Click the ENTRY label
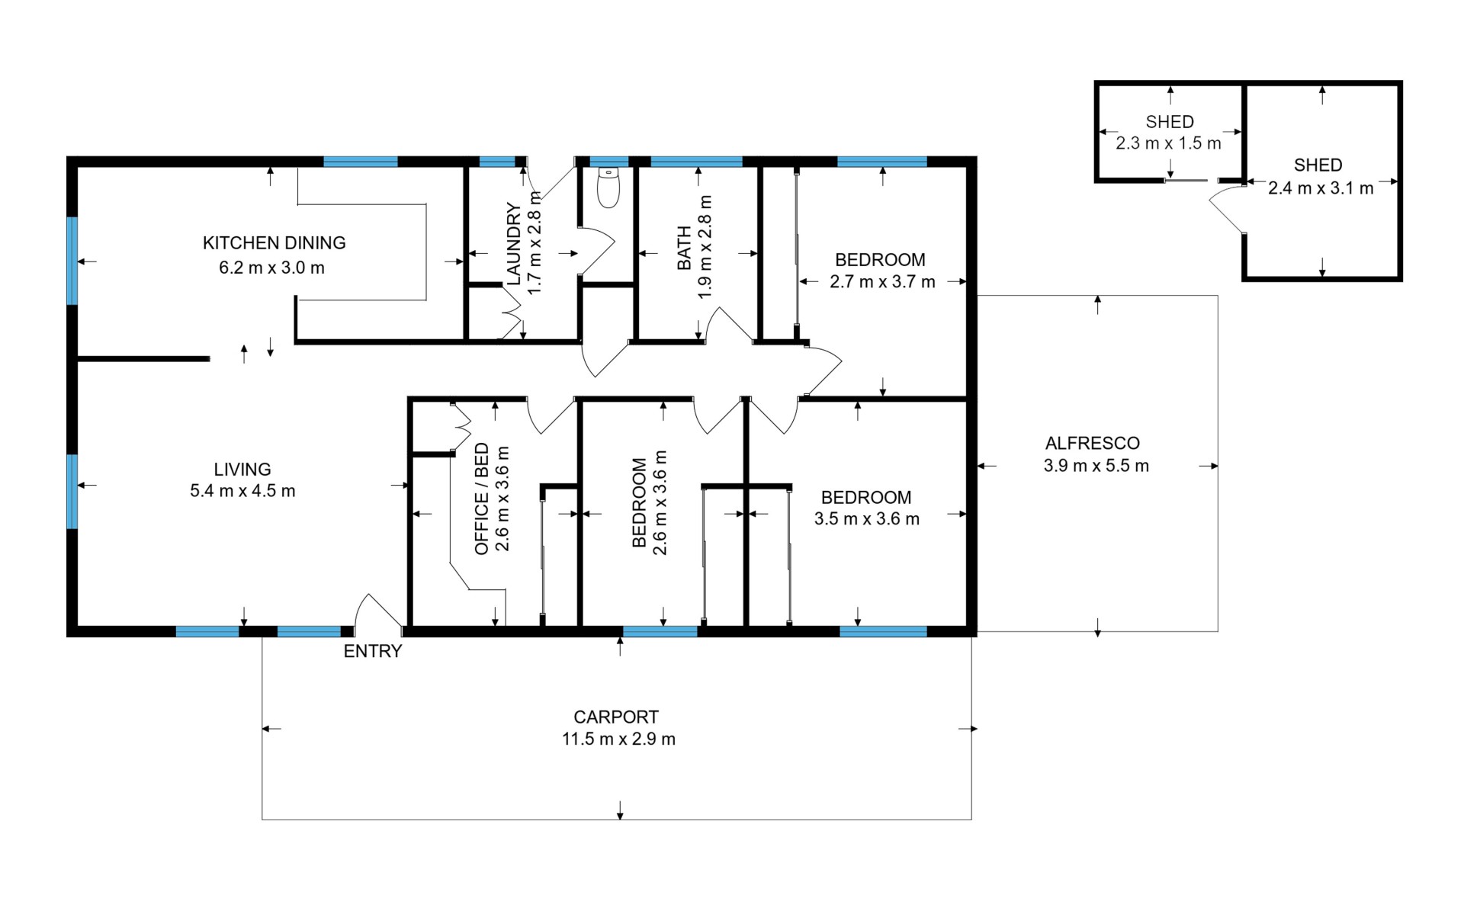[x=372, y=651]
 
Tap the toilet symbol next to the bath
[x=608, y=188]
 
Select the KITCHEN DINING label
[x=274, y=243]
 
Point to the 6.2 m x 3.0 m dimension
[x=272, y=268]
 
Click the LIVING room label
[x=242, y=470]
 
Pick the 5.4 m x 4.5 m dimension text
[x=242, y=491]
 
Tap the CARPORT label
[x=616, y=717]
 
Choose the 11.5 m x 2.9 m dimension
[x=618, y=739]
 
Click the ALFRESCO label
[x=1093, y=444]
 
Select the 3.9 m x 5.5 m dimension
[x=1096, y=466]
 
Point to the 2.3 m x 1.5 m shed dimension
[x=1169, y=143]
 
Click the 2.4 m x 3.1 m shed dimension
[x=1321, y=188]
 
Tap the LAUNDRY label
[x=514, y=244]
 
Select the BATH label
[x=684, y=248]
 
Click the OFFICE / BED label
[x=482, y=499]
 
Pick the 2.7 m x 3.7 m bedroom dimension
[x=882, y=282]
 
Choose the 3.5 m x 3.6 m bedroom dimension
[x=867, y=519]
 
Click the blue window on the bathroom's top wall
[x=696, y=162]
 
